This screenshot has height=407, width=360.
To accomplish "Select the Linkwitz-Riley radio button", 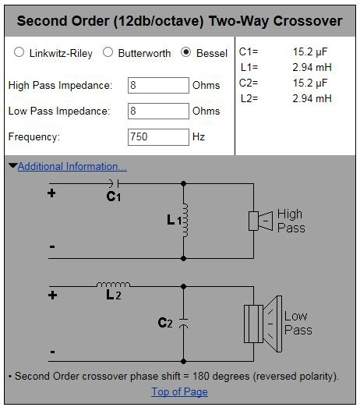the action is tap(19, 52).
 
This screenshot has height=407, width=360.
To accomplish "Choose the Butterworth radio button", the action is tap(108, 52).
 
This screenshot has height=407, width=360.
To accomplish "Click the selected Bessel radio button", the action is tap(185, 52).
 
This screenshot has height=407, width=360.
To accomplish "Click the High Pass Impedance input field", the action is tap(158, 85).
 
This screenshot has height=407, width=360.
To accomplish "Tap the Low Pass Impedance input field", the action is tap(158, 111).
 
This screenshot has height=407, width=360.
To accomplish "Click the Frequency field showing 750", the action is tap(158, 137).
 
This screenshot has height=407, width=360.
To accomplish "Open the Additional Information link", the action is tap(72, 167).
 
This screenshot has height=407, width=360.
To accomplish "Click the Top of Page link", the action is tap(179, 391).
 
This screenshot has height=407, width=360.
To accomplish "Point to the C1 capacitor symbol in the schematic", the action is tap(114, 183).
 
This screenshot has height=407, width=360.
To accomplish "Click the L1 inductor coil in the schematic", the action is tap(185, 221).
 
